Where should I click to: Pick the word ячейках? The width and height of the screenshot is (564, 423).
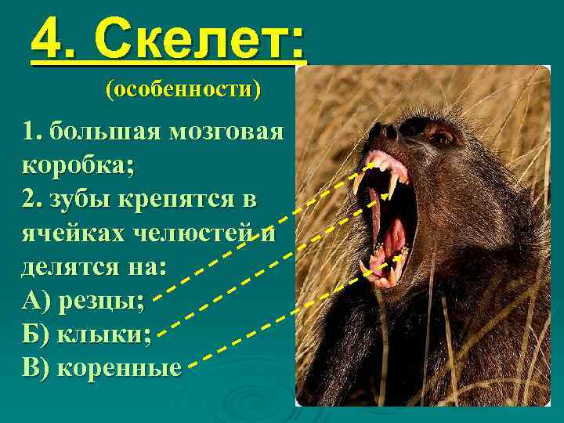67,233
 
